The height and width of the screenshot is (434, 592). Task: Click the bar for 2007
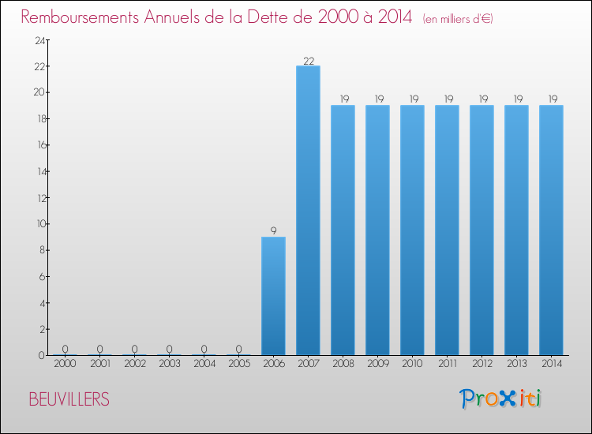coord(308,210)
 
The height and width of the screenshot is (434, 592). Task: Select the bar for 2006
coord(273,296)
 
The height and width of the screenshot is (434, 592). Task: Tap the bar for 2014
coord(551,230)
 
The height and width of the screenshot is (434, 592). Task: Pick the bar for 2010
coord(412,230)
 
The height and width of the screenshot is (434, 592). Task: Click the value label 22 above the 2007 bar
coord(308,60)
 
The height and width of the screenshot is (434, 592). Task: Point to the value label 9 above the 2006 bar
coord(273,231)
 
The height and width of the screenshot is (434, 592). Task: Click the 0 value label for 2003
coord(169,349)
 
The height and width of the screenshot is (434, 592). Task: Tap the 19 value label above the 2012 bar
coord(481,99)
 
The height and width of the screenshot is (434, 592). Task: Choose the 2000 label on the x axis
coord(65,365)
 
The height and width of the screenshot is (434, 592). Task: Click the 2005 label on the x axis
coord(238,365)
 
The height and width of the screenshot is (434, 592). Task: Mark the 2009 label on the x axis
coord(377,365)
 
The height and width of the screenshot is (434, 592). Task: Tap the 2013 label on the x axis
coord(516,365)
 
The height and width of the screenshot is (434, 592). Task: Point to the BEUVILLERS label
coord(69,399)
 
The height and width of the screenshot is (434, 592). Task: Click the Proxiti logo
coord(500,398)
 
